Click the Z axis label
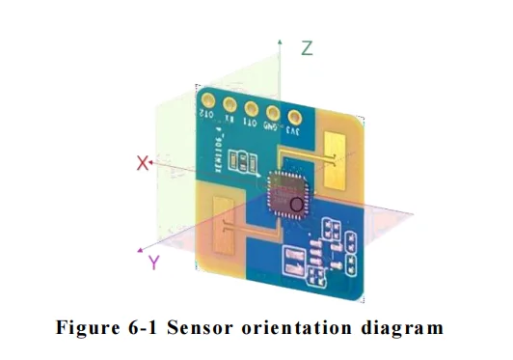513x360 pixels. (306, 48)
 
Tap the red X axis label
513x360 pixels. (143, 164)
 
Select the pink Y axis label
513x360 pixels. (153, 263)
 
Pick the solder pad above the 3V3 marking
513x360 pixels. (293, 118)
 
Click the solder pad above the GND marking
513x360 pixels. (273, 112)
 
